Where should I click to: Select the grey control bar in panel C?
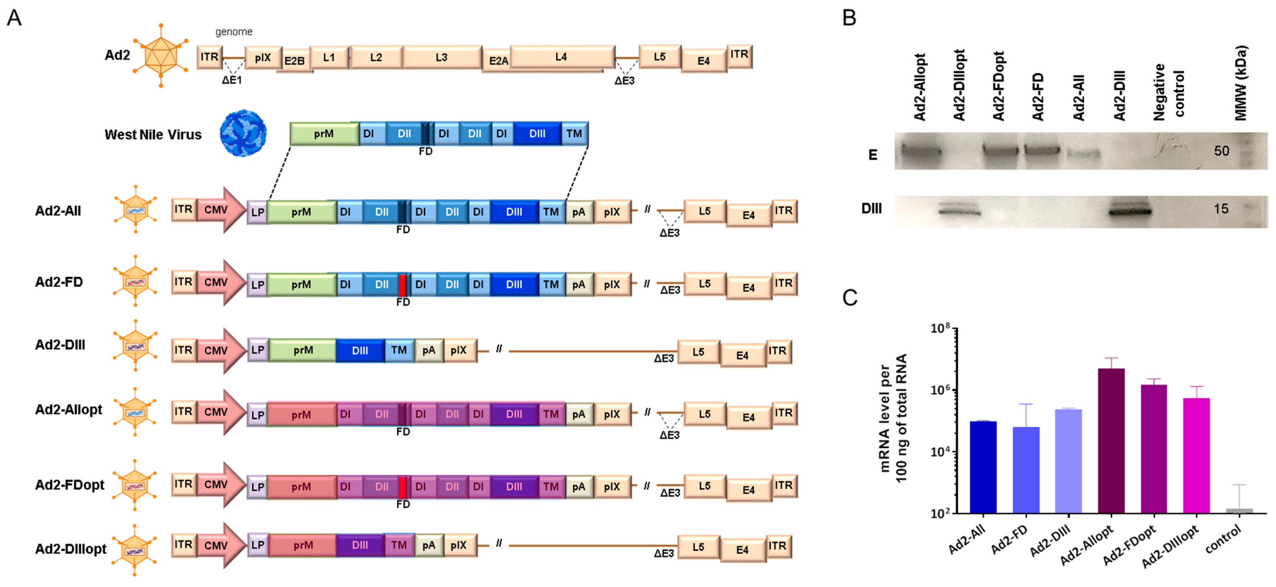(1239, 510)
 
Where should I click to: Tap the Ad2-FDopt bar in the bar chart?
(1153, 448)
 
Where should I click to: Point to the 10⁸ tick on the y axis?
(940, 328)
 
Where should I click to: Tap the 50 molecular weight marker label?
(1221, 151)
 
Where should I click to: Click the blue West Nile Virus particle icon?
(243, 133)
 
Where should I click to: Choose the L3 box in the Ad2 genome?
(441, 57)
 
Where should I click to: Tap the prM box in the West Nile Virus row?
(324, 134)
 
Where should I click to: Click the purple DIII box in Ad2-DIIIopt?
(360, 545)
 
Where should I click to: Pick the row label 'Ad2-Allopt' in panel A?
(68, 410)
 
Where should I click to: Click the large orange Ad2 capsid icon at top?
(160, 56)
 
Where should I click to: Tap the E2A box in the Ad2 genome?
(498, 61)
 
